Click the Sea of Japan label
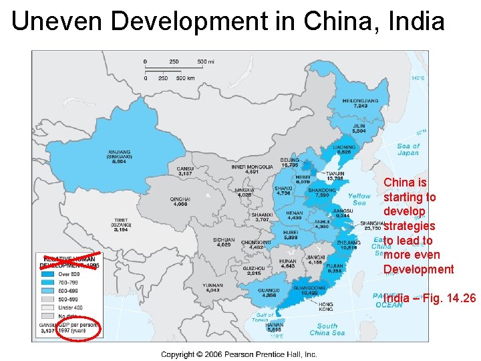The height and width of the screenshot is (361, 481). [x=408, y=149]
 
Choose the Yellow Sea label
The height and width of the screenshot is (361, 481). [x=359, y=199]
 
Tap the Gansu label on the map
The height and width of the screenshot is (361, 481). [x=185, y=171]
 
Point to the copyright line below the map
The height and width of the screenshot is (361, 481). [x=238, y=354]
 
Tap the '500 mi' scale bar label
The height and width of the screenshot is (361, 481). [x=206, y=62]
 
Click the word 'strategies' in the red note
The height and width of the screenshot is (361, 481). [x=409, y=226]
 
